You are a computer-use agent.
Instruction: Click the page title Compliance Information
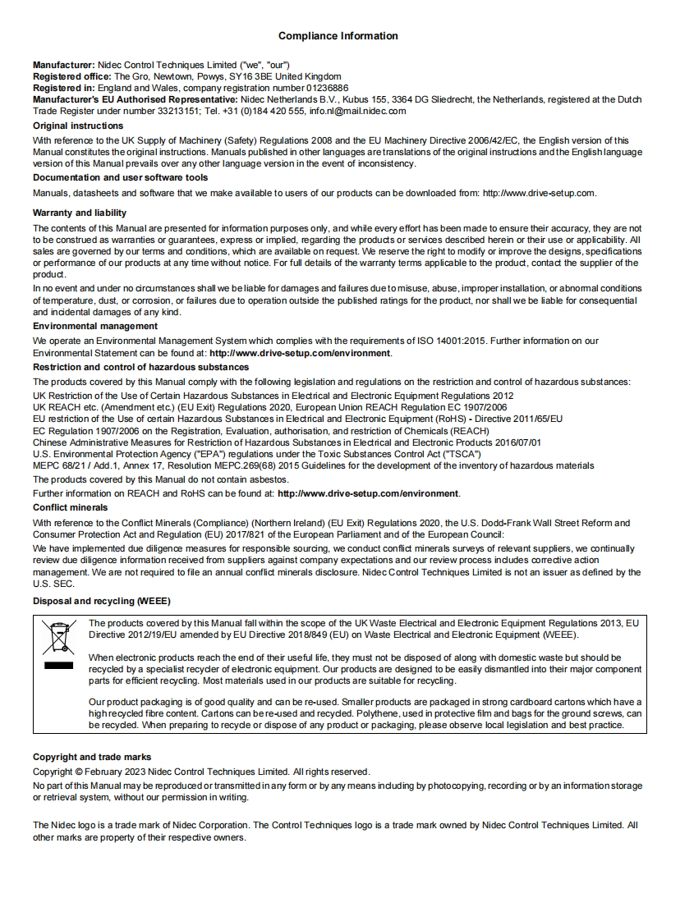click(338, 36)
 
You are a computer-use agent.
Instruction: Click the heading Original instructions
click(78, 126)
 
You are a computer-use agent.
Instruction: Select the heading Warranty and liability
click(80, 213)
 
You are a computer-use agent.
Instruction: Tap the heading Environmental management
click(95, 326)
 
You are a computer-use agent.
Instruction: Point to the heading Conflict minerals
click(70, 507)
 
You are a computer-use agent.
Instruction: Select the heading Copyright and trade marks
click(92, 757)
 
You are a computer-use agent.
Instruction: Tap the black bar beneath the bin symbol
click(58, 666)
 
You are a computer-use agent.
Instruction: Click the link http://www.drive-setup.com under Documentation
click(538, 193)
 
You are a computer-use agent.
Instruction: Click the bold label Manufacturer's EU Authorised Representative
click(135, 99)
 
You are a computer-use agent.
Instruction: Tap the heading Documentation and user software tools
click(120, 177)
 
